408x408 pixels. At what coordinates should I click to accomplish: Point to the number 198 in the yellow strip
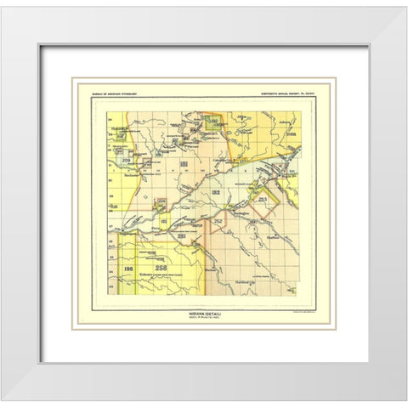coord(127,269)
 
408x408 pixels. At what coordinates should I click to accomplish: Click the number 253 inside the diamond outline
coord(263,198)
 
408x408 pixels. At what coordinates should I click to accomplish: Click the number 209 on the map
coord(126,159)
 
